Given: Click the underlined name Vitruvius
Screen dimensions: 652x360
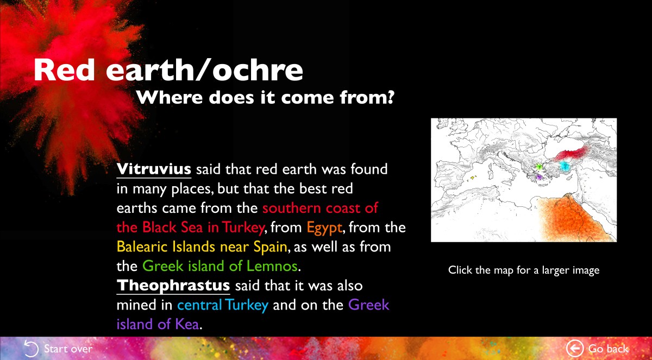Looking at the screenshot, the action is [154, 169].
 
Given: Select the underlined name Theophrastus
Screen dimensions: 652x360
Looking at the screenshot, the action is [173, 285].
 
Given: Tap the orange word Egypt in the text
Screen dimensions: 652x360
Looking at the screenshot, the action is [324, 228].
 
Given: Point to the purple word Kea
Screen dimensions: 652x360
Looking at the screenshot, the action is [187, 324].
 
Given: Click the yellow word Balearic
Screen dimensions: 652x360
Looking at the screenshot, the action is [141, 247].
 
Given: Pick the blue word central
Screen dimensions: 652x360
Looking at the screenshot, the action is [199, 305].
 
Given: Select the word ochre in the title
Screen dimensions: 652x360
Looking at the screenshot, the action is [258, 70].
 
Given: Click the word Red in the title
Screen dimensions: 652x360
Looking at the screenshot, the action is [64, 70].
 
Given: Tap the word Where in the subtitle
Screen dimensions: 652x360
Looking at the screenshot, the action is [170, 97].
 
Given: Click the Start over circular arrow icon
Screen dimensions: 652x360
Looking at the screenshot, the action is [31, 349].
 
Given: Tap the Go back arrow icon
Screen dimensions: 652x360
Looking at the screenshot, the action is [575, 349].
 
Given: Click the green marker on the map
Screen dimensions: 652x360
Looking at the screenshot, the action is [540, 167].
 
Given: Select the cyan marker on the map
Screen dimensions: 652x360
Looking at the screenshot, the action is [565, 166].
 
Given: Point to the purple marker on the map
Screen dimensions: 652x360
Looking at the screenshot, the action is [540, 177].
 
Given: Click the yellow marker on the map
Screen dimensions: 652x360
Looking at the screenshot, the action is [472, 177].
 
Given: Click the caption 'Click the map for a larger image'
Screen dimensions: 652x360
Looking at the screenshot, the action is [524, 270].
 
